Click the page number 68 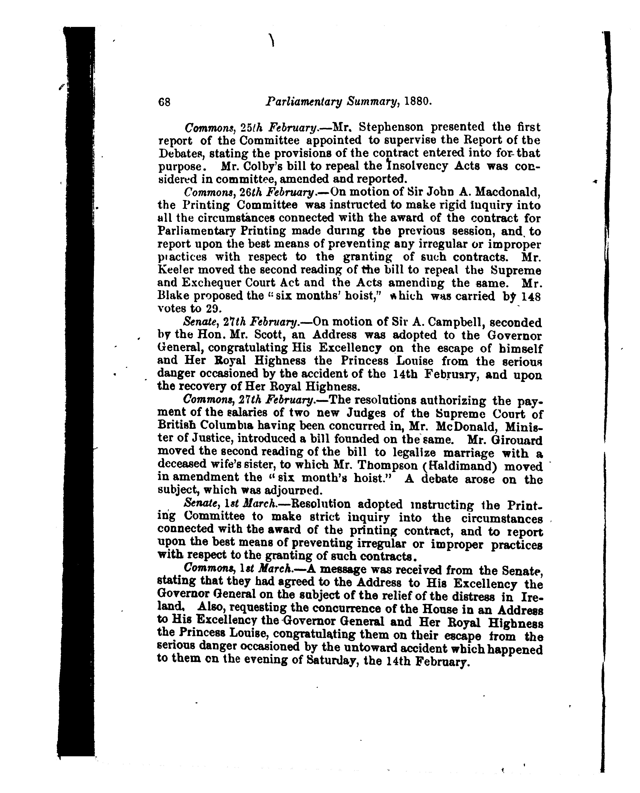[164, 102]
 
